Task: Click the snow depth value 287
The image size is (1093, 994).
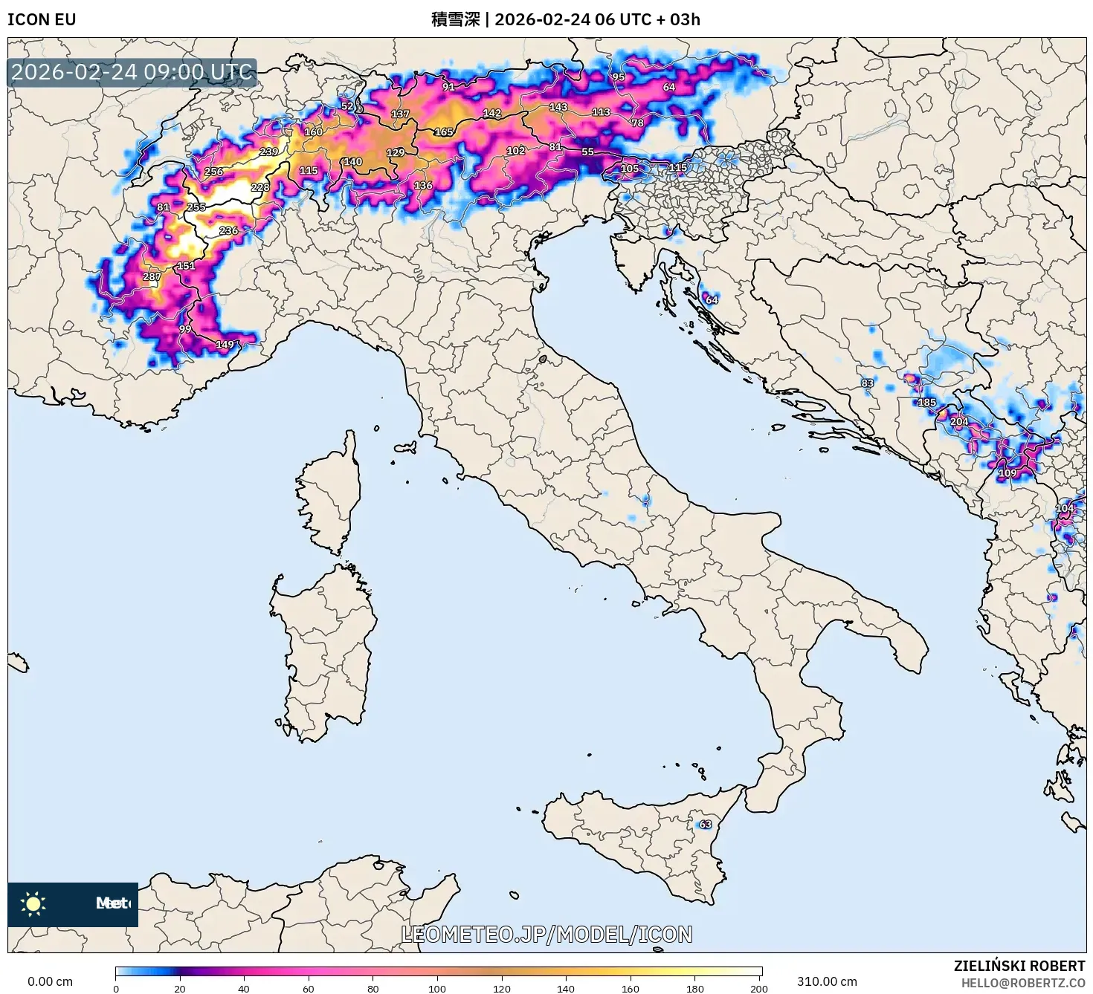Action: (x=152, y=276)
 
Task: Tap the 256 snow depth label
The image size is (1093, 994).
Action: (x=213, y=172)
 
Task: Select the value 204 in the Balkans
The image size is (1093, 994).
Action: (x=959, y=421)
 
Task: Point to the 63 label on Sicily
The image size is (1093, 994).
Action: (x=705, y=824)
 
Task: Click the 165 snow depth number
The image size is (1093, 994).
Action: (x=444, y=132)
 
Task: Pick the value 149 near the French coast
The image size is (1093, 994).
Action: (x=225, y=344)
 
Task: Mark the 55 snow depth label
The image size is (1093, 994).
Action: (x=587, y=152)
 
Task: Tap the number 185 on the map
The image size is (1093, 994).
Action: (x=926, y=402)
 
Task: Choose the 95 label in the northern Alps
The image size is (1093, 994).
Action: (x=619, y=77)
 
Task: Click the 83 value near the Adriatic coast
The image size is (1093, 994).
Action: (x=868, y=383)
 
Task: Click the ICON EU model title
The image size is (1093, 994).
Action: (x=42, y=19)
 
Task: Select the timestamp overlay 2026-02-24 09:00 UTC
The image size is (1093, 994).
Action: (x=132, y=72)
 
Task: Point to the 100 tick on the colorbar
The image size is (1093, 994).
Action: (x=437, y=988)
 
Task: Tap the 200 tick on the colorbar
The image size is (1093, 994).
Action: (x=758, y=988)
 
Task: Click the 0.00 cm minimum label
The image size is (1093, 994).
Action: (x=51, y=981)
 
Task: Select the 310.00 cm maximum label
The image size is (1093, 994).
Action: (x=827, y=981)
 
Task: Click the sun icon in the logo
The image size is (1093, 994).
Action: (x=33, y=903)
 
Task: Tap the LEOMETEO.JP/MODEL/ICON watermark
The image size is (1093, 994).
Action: (x=546, y=934)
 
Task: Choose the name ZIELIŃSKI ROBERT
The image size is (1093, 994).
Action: (x=1019, y=966)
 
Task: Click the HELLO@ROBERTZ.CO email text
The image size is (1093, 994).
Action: (x=1023, y=983)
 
